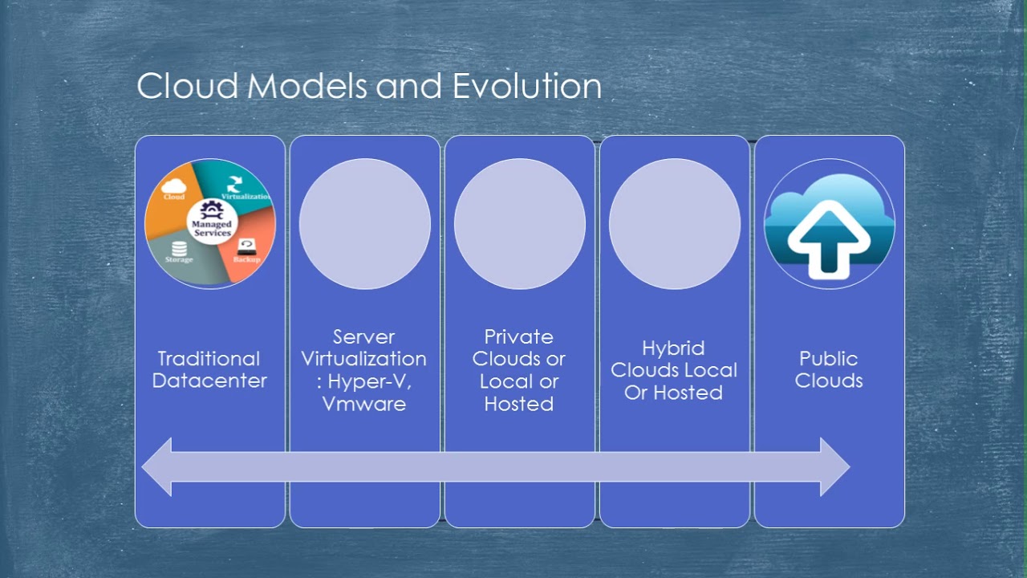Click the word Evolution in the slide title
click(x=526, y=87)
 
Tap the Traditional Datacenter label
click(x=209, y=369)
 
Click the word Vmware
click(x=364, y=404)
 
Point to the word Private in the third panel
click(x=519, y=336)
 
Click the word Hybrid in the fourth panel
click(x=673, y=348)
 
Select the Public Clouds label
click(x=829, y=369)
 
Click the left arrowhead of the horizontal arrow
click(x=157, y=466)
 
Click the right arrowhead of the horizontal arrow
click(x=834, y=466)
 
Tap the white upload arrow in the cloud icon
click(x=829, y=238)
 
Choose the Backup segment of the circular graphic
click(x=249, y=255)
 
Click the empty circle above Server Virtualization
click(x=365, y=224)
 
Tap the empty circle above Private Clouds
click(x=520, y=224)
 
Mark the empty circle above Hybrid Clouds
click(x=675, y=224)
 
